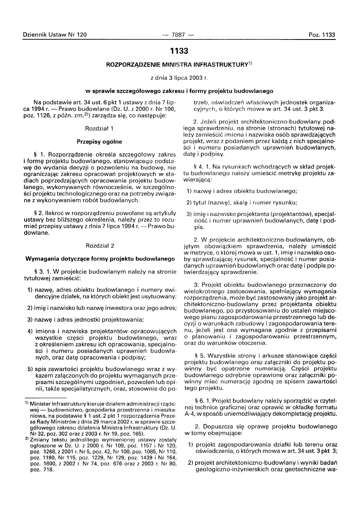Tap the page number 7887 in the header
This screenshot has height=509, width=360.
click(x=178, y=35)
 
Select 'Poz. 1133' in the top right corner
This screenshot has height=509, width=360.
click(x=322, y=35)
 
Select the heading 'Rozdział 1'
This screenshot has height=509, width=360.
click(x=100, y=128)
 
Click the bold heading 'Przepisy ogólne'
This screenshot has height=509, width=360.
click(x=100, y=141)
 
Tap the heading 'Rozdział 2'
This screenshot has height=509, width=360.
click(x=100, y=245)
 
